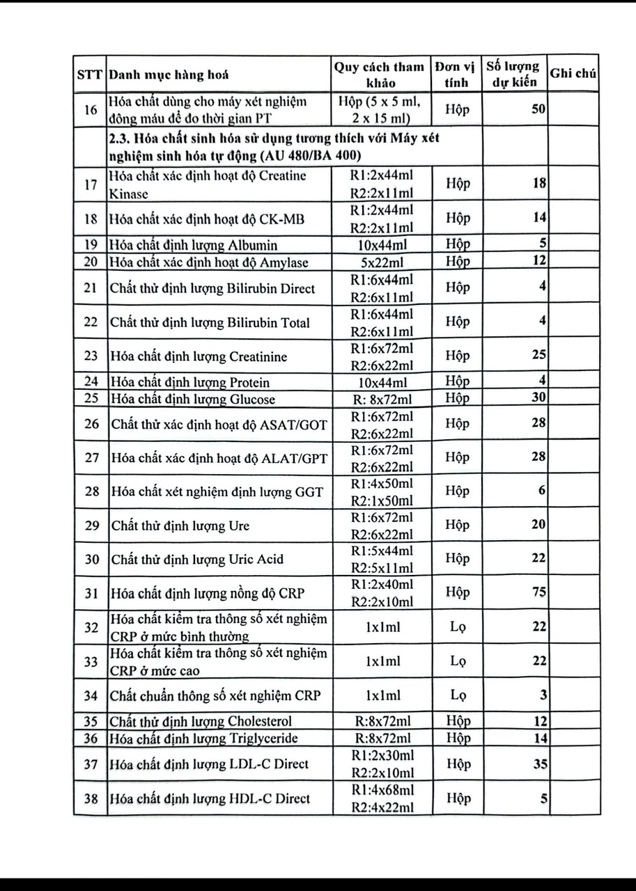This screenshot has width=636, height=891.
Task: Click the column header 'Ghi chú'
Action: [x=573, y=74]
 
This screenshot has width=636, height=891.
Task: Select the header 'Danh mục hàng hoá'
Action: [x=169, y=74]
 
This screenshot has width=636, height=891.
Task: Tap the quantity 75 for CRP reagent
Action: [x=538, y=592]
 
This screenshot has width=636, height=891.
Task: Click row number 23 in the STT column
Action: [x=91, y=356]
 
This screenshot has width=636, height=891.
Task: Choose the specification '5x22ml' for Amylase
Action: [x=380, y=262]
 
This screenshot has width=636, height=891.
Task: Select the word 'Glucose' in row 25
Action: [x=252, y=400]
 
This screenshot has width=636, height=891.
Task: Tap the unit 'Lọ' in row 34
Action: [x=458, y=695]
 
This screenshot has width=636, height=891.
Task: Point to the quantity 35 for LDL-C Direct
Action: [x=539, y=764]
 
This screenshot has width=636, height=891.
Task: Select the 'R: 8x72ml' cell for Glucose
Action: [x=380, y=399]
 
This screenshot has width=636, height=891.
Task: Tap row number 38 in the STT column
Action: [x=91, y=798]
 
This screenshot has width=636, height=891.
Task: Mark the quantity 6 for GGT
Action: [x=542, y=490]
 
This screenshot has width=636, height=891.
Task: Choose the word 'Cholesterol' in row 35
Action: [x=260, y=721]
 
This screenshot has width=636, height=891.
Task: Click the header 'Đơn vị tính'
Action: [x=454, y=74]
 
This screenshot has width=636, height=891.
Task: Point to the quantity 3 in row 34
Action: [x=543, y=695]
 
